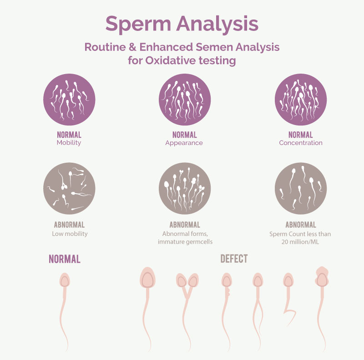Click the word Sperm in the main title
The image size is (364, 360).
tap(138, 24)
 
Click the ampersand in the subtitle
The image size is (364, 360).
tap(132, 47)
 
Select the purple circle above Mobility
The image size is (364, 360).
tap(69, 100)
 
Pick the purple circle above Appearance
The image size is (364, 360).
tap(185, 100)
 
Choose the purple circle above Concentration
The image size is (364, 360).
tap(301, 100)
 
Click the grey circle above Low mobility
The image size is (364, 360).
tap(69, 188)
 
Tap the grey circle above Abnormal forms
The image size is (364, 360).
tap(185, 188)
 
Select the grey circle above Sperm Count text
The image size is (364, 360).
tap(301, 188)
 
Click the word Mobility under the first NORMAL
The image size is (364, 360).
tap(69, 143)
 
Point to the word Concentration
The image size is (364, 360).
tap(301, 143)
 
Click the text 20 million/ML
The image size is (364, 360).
tap(300, 242)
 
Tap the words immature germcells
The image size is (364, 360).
tap(185, 242)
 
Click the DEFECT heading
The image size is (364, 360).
tap(234, 259)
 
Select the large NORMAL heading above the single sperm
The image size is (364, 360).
tap(65, 259)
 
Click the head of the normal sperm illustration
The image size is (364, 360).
tap(65, 280)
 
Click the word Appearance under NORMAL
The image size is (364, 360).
tap(184, 143)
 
